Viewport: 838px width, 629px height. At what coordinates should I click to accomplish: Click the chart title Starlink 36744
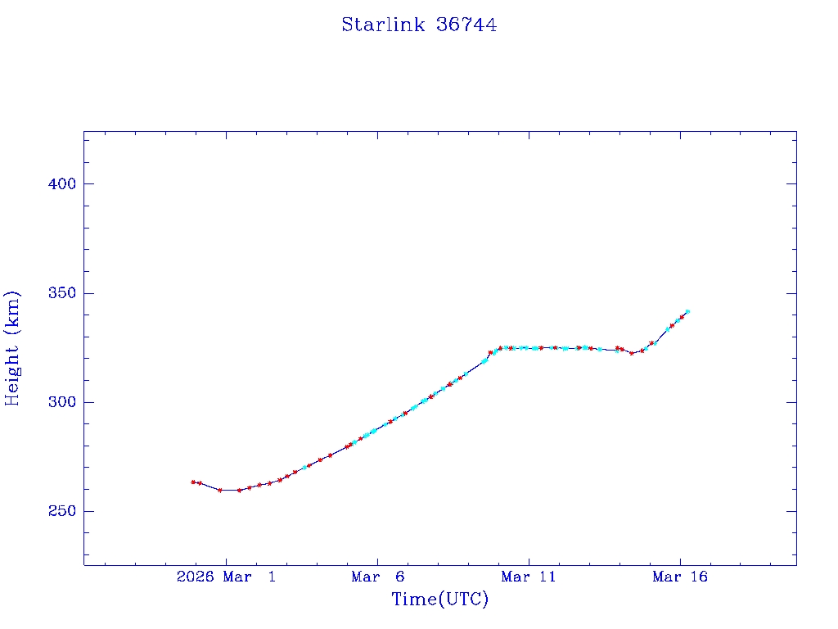419,25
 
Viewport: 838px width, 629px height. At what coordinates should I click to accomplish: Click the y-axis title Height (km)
12,348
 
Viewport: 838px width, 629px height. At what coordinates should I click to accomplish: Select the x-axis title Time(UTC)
439,600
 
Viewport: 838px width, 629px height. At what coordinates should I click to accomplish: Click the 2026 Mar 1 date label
226,577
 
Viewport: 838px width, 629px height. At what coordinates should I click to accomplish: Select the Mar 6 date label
376,577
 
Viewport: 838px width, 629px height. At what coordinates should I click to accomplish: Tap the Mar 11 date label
528,577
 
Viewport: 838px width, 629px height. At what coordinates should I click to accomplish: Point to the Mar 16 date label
679,577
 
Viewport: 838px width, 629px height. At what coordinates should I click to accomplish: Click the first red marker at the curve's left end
193,482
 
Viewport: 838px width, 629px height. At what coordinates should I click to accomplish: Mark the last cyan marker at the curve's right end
687,311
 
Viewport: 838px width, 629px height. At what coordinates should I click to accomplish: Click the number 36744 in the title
466,25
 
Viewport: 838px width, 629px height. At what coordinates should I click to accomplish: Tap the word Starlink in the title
383,25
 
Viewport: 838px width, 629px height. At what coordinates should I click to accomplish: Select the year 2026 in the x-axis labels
195,577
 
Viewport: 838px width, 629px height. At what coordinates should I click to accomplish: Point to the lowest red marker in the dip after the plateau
632,353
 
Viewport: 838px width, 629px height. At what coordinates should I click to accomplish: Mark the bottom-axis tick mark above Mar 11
529,560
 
